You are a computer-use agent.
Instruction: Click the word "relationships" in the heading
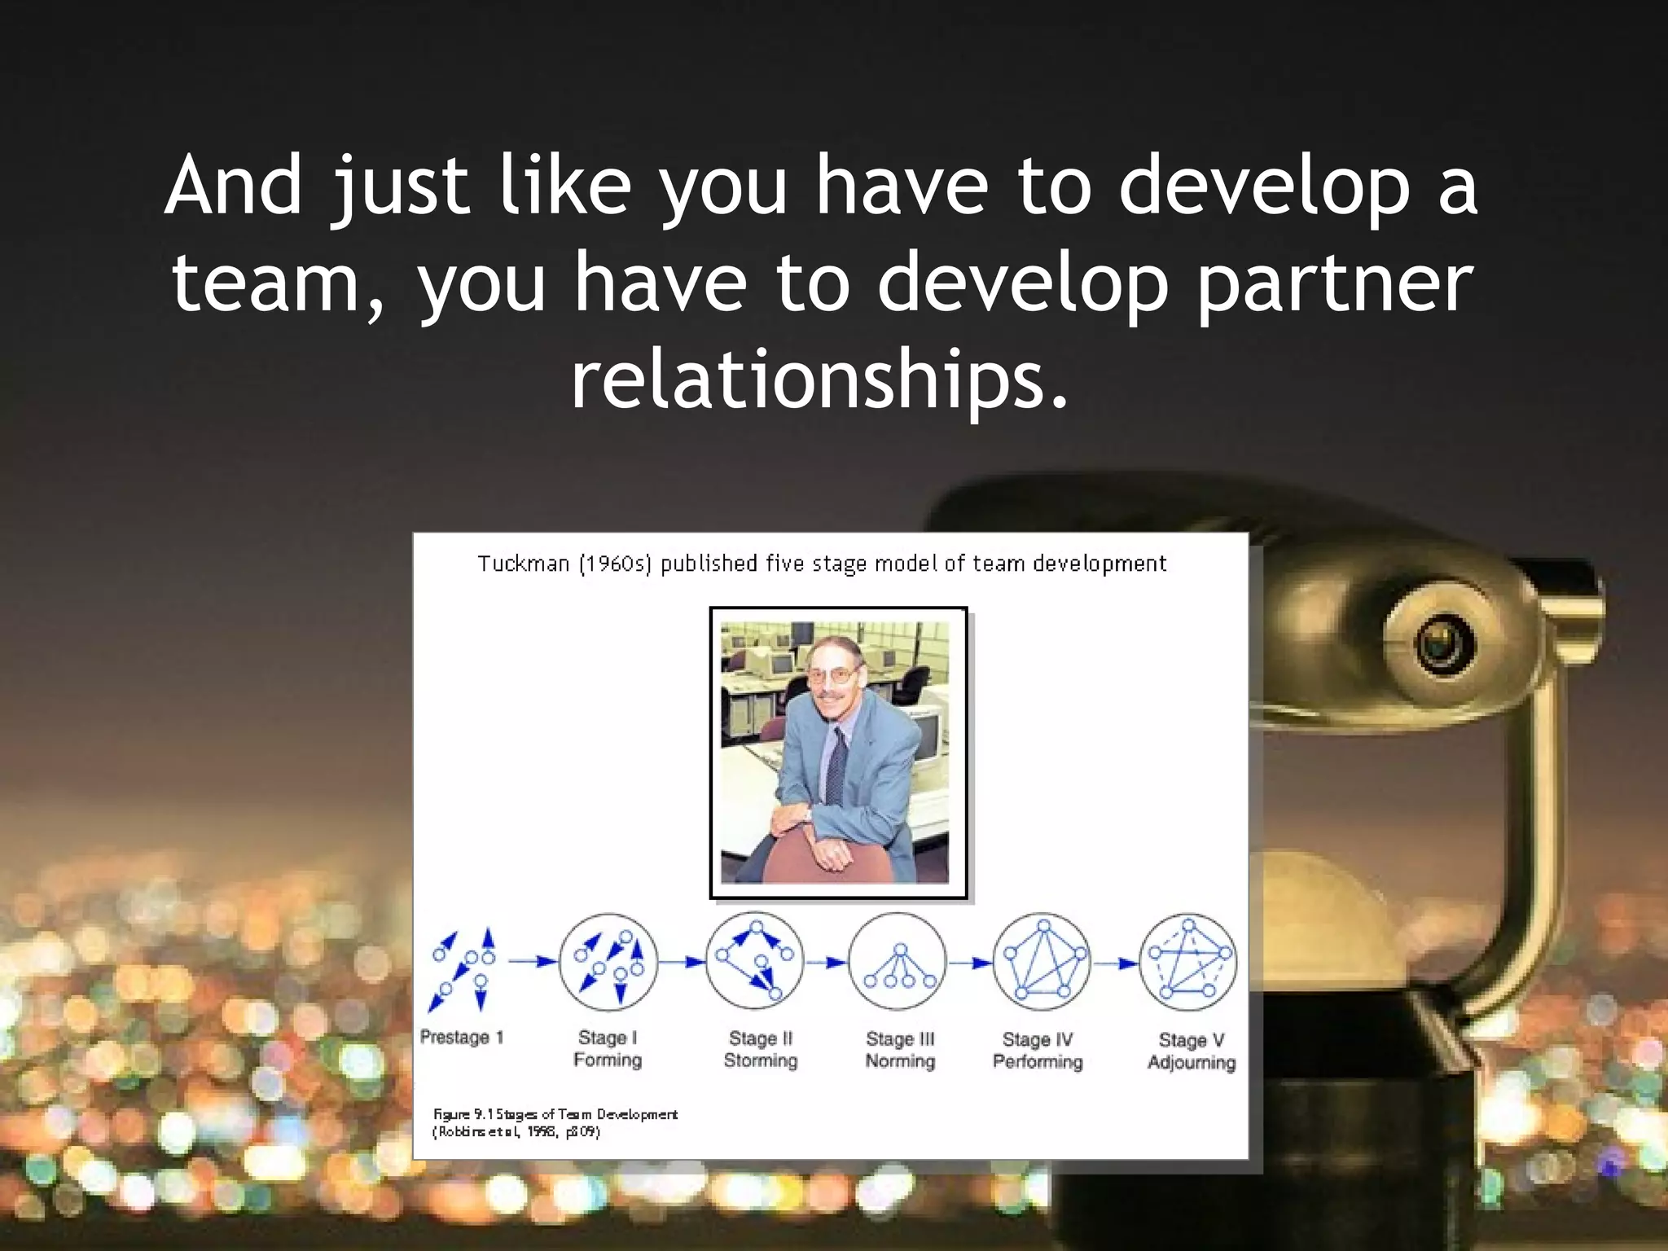coord(819,380)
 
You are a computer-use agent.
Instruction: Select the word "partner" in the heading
coord(1335,283)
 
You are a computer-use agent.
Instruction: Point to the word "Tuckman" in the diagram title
coord(523,564)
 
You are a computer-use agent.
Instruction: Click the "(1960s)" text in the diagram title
coord(615,564)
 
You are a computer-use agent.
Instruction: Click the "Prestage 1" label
coord(462,1037)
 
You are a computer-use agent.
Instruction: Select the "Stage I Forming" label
coord(608,1048)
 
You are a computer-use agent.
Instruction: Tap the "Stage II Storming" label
coord(760,1049)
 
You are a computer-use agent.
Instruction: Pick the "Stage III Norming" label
coord(900,1050)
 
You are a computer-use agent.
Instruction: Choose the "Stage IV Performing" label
coord(1038,1050)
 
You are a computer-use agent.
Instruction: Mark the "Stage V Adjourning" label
coord(1192,1051)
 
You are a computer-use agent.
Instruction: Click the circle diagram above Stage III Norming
coord(898,962)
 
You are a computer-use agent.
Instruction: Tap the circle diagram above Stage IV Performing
coord(1042,962)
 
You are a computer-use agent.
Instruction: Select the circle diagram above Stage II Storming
coord(755,961)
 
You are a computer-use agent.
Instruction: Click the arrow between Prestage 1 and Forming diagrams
coord(532,961)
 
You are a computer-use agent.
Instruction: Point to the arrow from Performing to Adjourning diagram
coord(1115,963)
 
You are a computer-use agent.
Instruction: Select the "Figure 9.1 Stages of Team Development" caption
coord(555,1114)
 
